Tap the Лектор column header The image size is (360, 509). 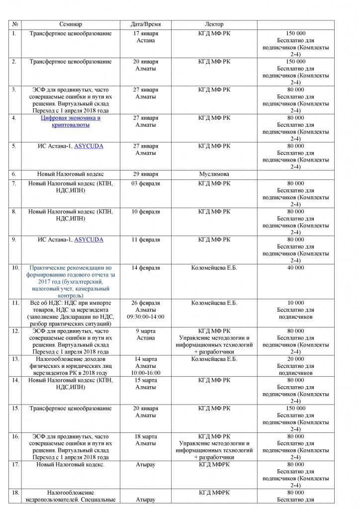[x=214, y=24]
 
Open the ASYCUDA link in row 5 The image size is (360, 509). [x=89, y=146]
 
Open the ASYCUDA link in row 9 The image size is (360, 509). [x=89, y=240]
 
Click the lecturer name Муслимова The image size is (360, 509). [x=214, y=174]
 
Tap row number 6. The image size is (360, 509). [x=14, y=174]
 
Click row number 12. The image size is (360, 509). [x=15, y=331]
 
